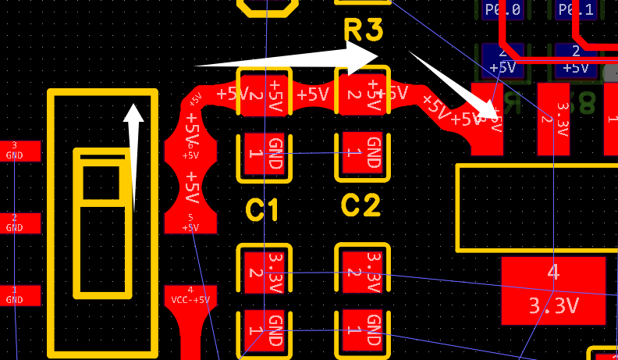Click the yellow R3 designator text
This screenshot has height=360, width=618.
pyautogui.click(x=364, y=31)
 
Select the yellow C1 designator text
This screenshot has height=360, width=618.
pyautogui.click(x=263, y=209)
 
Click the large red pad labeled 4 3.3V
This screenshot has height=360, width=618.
pyautogui.click(x=552, y=290)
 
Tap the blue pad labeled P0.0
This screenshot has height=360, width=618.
pyautogui.click(x=502, y=10)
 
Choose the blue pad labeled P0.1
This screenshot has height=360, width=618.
pyautogui.click(x=576, y=10)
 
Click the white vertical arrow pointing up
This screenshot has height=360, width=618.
pyautogui.click(x=133, y=156)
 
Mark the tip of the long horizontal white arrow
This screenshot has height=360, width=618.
pyautogui.click(x=377, y=55)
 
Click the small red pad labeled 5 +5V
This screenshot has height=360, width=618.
pyautogui.click(x=190, y=223)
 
